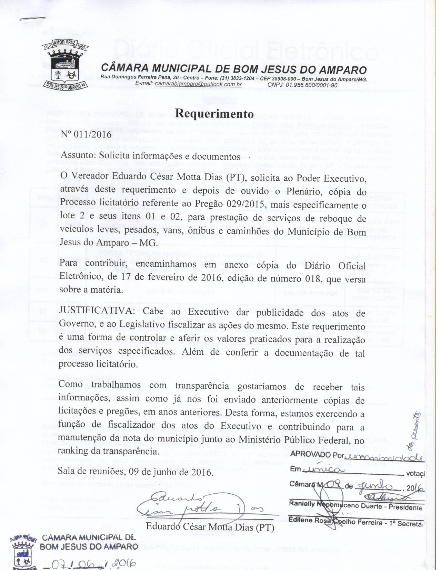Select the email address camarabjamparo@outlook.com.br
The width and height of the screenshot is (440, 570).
[198, 84]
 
